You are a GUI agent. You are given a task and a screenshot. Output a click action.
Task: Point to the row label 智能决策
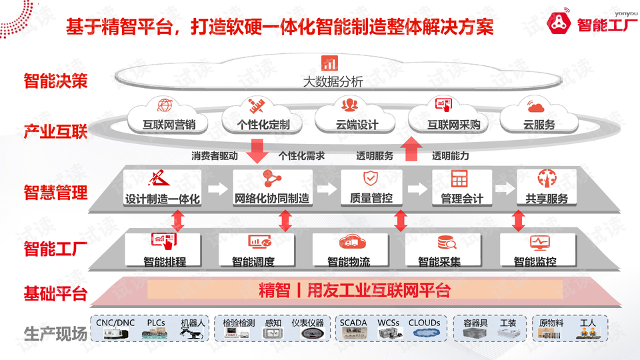(x=55, y=82)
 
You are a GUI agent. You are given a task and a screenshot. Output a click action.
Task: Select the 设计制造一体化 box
(x=162, y=188)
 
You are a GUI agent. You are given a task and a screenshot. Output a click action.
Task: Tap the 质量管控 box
(x=371, y=188)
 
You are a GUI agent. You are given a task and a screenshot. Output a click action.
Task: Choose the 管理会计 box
(x=461, y=188)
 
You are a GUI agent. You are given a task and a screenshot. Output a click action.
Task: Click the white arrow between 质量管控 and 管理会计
(x=417, y=189)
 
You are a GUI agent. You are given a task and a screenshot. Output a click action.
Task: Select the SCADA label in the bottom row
(x=353, y=323)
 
